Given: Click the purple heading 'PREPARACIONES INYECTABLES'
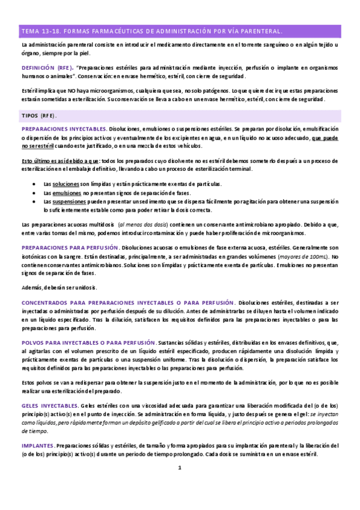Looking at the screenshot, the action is (x=64, y=129).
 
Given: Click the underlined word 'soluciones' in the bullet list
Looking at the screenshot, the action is (x=66, y=183).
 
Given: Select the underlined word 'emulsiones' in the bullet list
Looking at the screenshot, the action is (x=66, y=193).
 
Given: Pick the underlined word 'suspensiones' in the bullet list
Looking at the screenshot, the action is (x=69, y=202).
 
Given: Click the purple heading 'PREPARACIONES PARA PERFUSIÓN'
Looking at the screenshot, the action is (x=70, y=247).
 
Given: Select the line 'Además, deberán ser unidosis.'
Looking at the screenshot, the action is (x=59, y=287).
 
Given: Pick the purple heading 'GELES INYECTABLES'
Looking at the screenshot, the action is (x=55, y=406).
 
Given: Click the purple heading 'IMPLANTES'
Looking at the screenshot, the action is (x=38, y=446).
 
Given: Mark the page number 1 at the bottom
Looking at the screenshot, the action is (x=179, y=468).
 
